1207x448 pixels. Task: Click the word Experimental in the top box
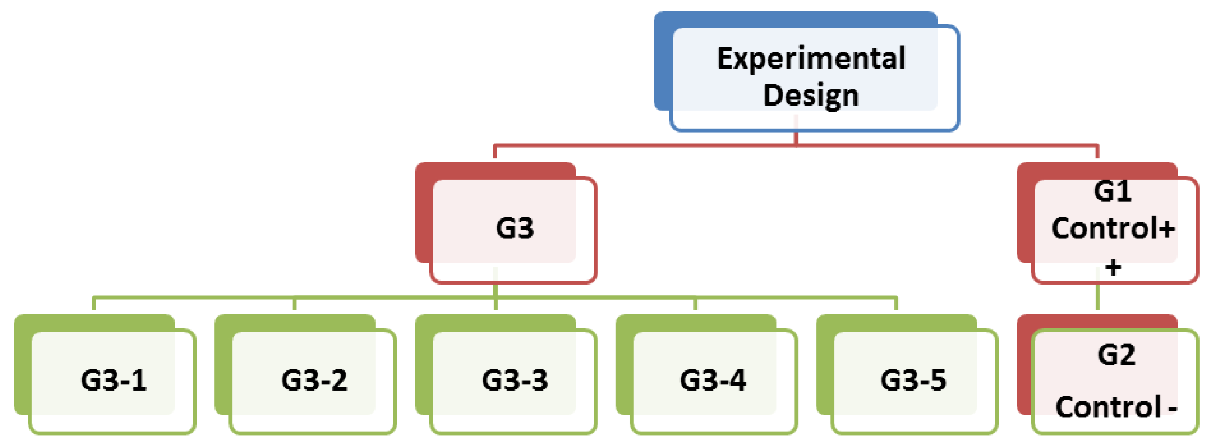[x=811, y=59]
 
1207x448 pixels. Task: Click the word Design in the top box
[x=811, y=95]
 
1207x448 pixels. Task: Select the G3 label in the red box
[x=514, y=228]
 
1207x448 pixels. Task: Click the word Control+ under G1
[x=1113, y=228]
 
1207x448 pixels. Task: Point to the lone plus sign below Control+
[x=1113, y=268]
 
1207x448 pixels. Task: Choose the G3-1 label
[x=114, y=379]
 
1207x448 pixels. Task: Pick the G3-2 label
[x=314, y=379]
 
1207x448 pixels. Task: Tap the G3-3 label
[x=514, y=379]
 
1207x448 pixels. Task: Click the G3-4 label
[x=713, y=379]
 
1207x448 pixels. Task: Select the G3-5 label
[x=913, y=379]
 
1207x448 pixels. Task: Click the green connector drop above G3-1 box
[x=94, y=303]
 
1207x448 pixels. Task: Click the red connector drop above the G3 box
[x=495, y=152]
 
